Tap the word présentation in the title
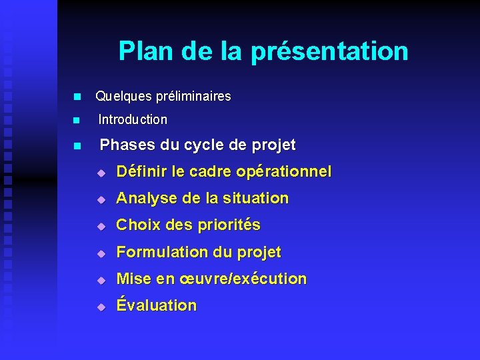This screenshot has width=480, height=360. pyautogui.click(x=329, y=51)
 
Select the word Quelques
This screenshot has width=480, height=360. pyautogui.click(x=123, y=97)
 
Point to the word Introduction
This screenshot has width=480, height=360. pyautogui.click(x=133, y=120)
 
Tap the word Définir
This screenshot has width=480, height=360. pyautogui.click(x=141, y=172)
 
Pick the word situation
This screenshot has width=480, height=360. pyautogui.click(x=255, y=199)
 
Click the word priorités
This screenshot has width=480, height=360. pyautogui.click(x=228, y=225)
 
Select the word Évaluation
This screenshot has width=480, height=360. pyautogui.click(x=157, y=305)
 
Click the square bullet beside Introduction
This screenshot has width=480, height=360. pyautogui.click(x=77, y=121)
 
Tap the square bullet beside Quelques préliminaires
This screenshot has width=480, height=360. pyautogui.click(x=77, y=97)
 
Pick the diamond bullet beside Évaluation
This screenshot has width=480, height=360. pyautogui.click(x=100, y=307)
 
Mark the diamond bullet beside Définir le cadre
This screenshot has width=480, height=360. pyautogui.click(x=100, y=173)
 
